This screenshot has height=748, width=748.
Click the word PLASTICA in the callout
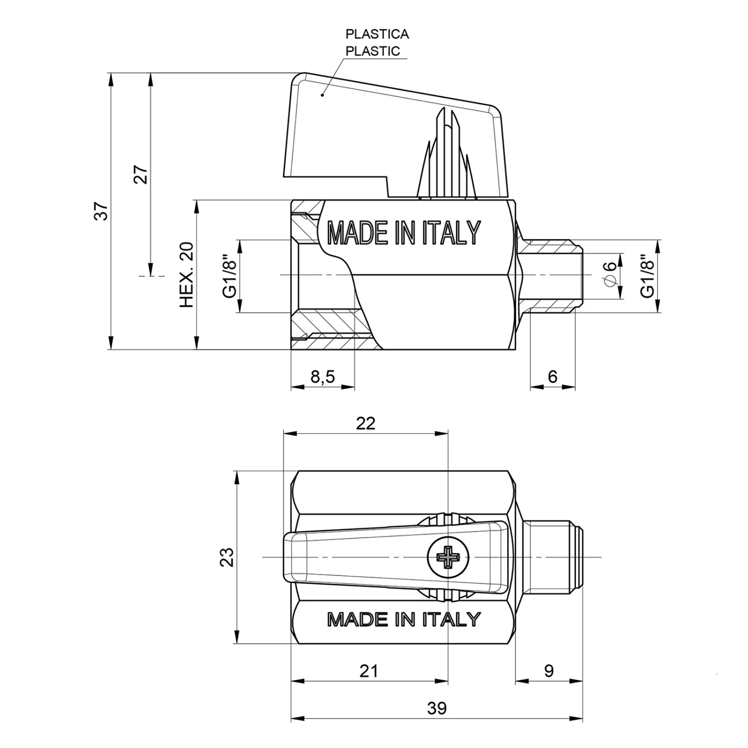377,34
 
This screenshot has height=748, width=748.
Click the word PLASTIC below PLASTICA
373,51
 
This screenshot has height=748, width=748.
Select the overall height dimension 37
102,211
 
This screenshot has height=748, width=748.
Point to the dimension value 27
142,175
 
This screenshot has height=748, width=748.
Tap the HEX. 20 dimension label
187,275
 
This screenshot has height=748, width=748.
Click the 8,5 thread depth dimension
323,377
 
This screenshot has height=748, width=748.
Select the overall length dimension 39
437,708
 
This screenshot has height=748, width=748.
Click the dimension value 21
369,671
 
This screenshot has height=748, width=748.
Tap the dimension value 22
366,423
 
